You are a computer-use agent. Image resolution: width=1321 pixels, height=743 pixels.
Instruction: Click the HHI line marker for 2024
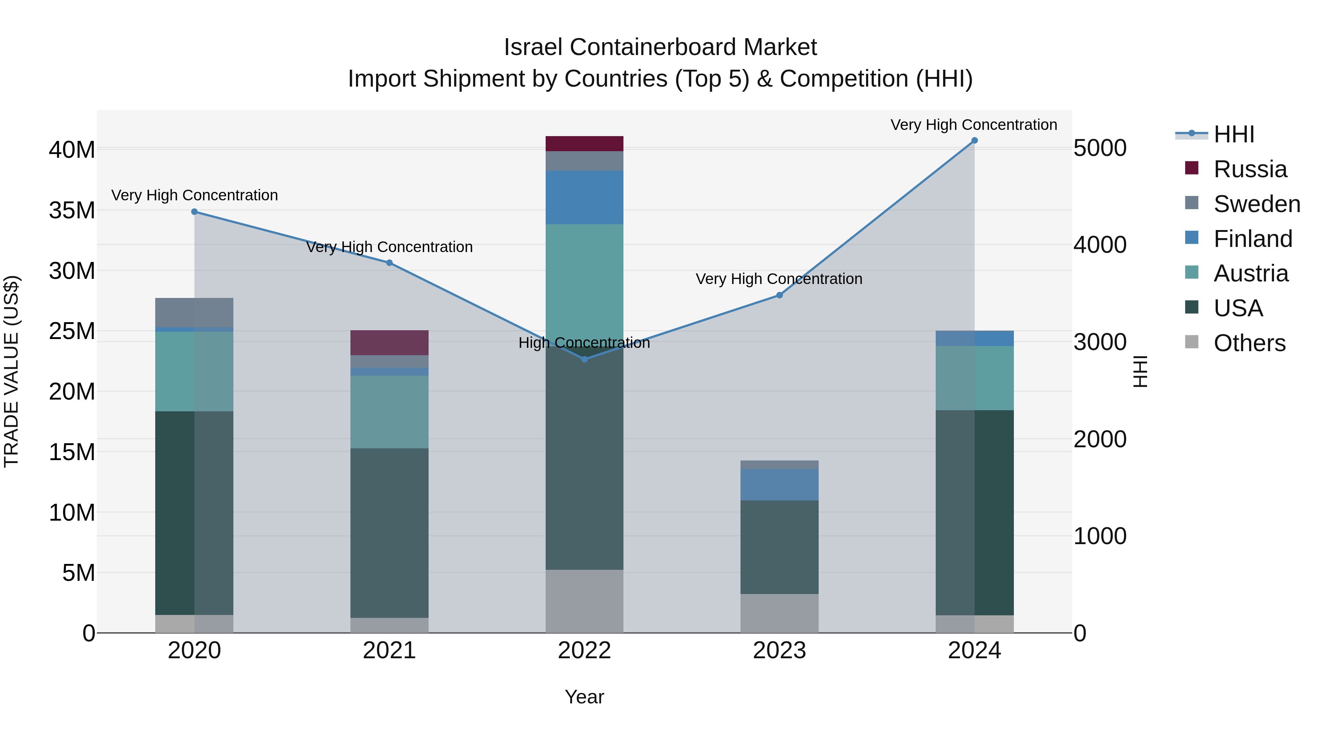pyautogui.click(x=974, y=141)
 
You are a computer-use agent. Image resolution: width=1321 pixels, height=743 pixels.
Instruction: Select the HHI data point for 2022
pyautogui.click(x=585, y=359)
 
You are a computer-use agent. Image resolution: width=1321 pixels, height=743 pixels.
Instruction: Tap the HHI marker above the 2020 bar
pyautogui.click(x=194, y=212)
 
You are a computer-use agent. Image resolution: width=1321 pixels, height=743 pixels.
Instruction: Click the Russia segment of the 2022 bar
pyautogui.click(x=584, y=143)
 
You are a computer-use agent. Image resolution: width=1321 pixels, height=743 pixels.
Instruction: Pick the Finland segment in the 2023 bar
pyautogui.click(x=779, y=485)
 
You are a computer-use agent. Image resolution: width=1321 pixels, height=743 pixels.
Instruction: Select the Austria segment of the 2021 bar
pyautogui.click(x=389, y=412)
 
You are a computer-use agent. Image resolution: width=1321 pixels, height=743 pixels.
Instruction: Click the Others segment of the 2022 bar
pyautogui.click(x=584, y=601)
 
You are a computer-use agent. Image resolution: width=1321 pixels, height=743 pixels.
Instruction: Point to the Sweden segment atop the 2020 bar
pyautogui.click(x=194, y=312)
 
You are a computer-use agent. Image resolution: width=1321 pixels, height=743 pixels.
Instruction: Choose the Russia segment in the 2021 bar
pyautogui.click(x=389, y=343)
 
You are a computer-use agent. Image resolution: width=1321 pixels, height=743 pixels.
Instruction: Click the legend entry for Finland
pyautogui.click(x=1252, y=239)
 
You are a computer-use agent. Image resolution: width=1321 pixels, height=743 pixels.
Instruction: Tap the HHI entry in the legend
pyautogui.click(x=1234, y=134)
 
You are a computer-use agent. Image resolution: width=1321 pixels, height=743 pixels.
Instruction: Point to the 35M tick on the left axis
pyautogui.click(x=72, y=211)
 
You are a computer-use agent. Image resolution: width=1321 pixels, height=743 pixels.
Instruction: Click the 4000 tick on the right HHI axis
pyautogui.click(x=1100, y=245)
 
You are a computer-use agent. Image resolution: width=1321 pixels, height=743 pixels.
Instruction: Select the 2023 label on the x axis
pyautogui.click(x=779, y=651)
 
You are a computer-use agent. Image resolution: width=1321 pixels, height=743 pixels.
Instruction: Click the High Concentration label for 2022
pyautogui.click(x=584, y=343)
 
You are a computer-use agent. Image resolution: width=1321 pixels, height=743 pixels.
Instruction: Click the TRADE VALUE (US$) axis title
pyautogui.click(x=11, y=371)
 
